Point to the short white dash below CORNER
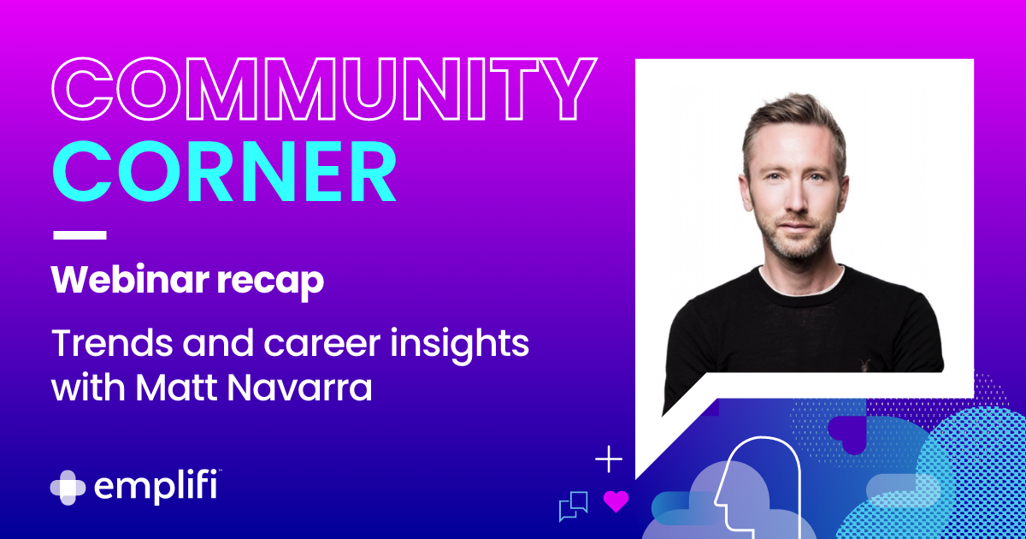click(x=80, y=234)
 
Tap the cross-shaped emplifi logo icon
click(x=68, y=487)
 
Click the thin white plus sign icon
click(x=609, y=459)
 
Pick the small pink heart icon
click(x=616, y=500)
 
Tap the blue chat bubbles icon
click(x=573, y=506)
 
